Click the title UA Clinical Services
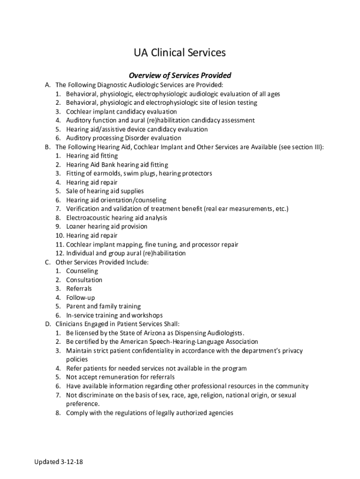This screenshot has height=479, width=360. point(180,53)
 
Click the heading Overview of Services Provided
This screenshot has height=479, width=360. point(180,75)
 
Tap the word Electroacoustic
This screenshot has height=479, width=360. point(87,218)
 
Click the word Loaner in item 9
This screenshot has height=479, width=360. point(76,226)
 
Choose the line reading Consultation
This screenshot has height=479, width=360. point(84,280)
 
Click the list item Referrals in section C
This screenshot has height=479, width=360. point(79,289)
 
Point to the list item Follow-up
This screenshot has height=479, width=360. point(80,298)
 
